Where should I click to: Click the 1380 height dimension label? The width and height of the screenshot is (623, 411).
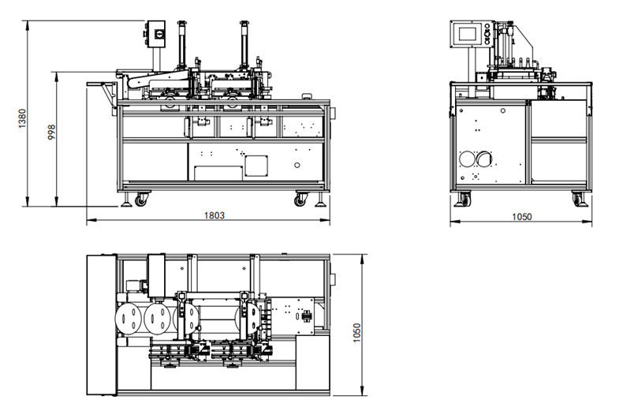(22, 118)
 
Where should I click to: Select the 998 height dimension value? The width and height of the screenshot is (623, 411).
(51, 132)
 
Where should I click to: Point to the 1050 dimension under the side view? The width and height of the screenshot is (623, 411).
(521, 217)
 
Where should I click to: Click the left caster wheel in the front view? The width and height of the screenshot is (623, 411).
(140, 200)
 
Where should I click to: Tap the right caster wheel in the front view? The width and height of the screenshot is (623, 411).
(300, 200)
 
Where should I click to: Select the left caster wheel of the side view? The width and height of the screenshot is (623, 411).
(465, 200)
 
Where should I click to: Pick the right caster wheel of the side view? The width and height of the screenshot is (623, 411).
(579, 200)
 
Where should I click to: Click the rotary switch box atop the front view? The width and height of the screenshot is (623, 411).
(154, 35)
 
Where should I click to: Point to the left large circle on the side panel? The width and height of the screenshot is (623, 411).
(470, 159)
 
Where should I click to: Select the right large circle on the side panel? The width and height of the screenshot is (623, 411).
(484, 159)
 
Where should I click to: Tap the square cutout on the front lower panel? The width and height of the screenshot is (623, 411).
(255, 165)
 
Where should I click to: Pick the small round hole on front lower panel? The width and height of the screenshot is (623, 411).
(297, 166)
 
